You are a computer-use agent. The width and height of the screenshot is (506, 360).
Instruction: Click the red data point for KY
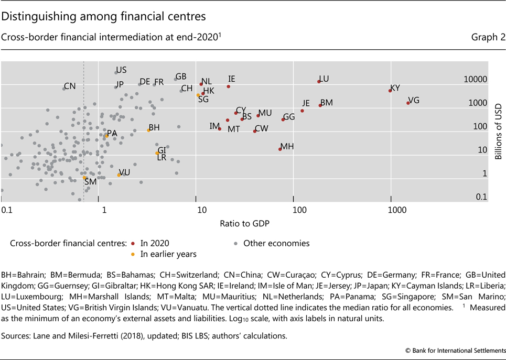(390, 91)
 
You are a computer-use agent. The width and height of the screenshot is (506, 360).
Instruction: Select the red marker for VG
(408, 103)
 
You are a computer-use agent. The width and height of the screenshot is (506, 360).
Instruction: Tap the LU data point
(319, 81)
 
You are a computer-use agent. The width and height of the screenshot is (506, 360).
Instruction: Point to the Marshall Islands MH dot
(280, 149)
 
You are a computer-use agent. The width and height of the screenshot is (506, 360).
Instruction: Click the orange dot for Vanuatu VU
(119, 174)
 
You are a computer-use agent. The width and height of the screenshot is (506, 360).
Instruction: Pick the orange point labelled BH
(148, 130)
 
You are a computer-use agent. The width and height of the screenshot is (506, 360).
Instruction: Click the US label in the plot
(121, 70)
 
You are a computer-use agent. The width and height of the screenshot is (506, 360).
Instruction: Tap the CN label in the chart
(70, 86)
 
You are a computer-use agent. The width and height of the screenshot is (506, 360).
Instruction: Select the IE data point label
(231, 79)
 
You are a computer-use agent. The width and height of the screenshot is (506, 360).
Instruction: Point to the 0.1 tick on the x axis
(7, 210)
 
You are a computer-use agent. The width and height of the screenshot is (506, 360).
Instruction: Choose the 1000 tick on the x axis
(397, 210)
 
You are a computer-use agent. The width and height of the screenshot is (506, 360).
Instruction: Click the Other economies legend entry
(276, 243)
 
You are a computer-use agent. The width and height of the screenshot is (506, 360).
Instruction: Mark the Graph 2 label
(485, 37)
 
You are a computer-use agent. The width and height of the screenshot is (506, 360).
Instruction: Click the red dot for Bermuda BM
(320, 105)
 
